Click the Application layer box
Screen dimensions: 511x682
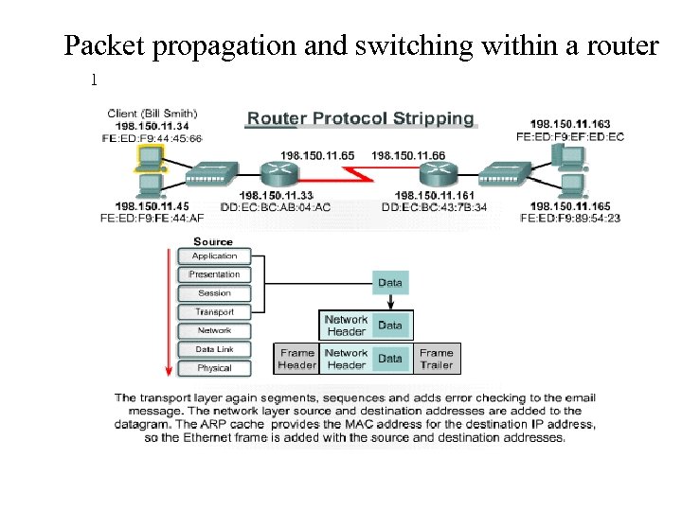tap(214, 255)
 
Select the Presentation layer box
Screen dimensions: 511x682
tap(214, 274)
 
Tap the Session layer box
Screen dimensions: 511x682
tap(214, 293)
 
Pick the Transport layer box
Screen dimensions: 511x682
tap(214, 311)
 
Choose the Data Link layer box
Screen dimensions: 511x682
tap(214, 349)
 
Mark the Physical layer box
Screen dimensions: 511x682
tap(214, 368)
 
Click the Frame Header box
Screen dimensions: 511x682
tap(296, 359)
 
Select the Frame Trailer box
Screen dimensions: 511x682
tap(437, 359)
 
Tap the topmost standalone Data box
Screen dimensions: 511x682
tap(390, 282)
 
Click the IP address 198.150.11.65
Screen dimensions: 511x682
tap(317, 154)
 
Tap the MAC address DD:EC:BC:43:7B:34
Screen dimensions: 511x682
tap(435, 207)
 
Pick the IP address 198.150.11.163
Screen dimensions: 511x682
tap(570, 124)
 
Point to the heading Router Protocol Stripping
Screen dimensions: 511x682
tap(360, 119)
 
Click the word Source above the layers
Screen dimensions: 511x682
tap(213, 241)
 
